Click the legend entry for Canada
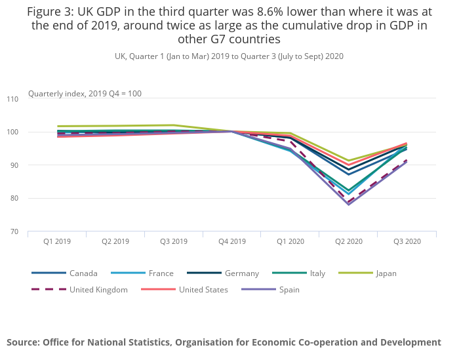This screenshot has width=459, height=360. [x=83, y=273]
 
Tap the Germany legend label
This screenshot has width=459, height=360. [x=241, y=273]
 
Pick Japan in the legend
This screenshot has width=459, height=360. [x=385, y=273]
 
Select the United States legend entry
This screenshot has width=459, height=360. [x=203, y=289]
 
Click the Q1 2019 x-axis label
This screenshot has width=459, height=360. [x=57, y=241]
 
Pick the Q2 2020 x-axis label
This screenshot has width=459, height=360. [x=348, y=241]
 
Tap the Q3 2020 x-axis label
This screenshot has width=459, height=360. [x=407, y=241]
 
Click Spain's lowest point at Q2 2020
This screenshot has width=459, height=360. [x=348, y=205]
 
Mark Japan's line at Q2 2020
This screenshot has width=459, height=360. [x=348, y=161]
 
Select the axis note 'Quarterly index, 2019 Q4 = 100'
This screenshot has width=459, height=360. [x=85, y=94]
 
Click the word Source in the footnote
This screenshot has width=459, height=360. [x=23, y=342]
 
